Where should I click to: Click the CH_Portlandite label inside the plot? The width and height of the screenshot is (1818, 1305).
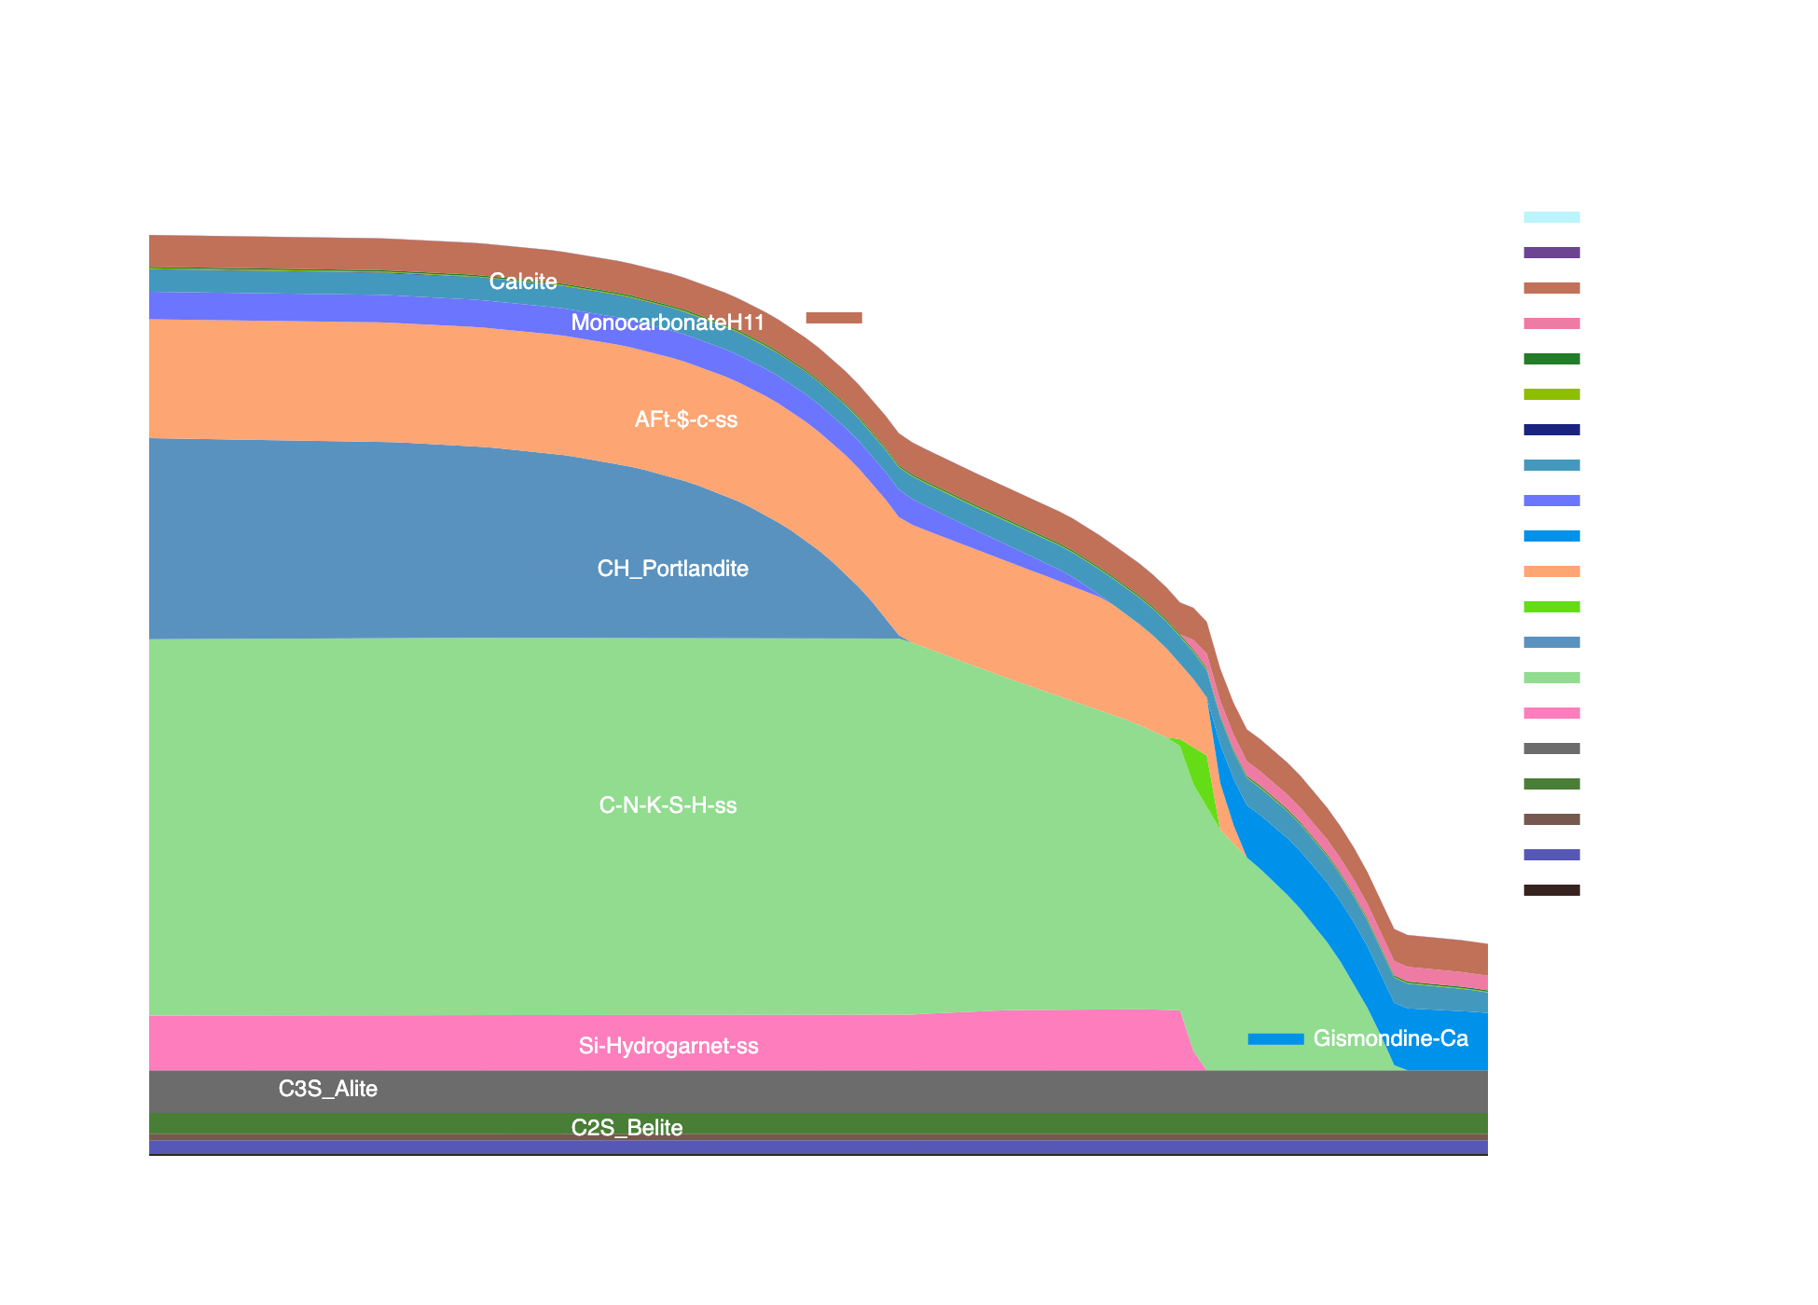(x=672, y=569)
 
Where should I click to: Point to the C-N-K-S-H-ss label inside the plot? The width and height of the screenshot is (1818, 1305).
(x=668, y=805)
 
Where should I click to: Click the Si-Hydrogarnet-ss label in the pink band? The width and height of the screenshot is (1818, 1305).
(x=668, y=1046)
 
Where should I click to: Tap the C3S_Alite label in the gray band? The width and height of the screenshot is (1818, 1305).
(x=327, y=1089)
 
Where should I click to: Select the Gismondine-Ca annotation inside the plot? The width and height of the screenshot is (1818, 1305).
(x=1390, y=1038)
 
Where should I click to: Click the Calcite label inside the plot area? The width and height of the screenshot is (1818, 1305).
(x=522, y=282)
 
